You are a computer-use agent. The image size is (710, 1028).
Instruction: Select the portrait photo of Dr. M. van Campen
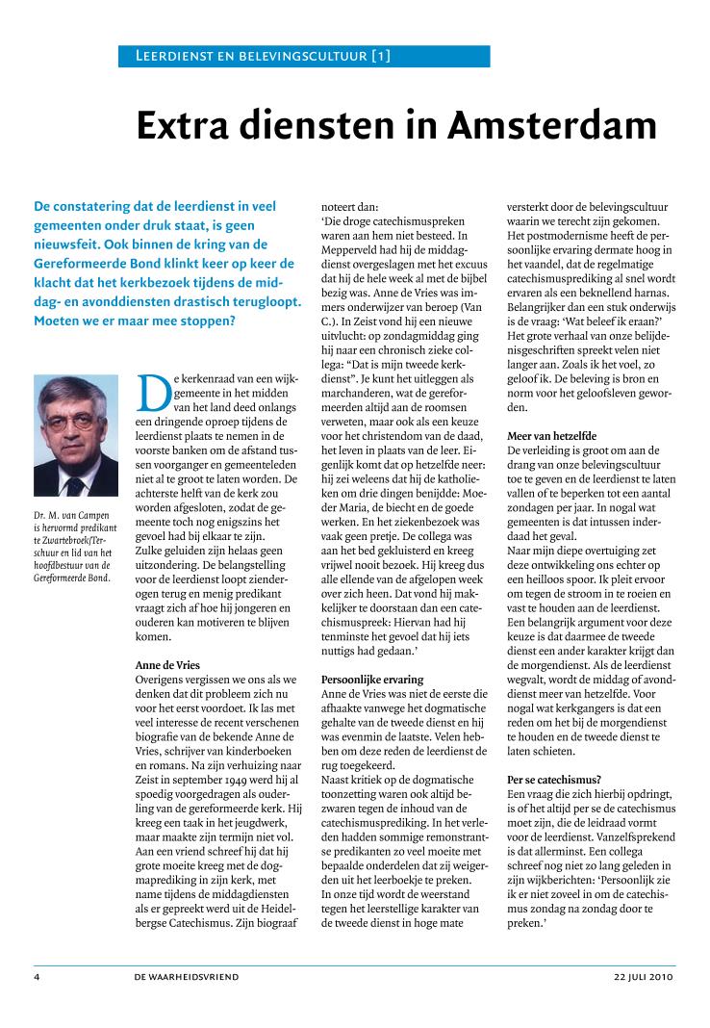[75, 434]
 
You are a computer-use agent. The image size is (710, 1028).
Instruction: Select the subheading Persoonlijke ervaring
[371, 680]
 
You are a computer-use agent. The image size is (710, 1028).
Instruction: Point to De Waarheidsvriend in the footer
[187, 977]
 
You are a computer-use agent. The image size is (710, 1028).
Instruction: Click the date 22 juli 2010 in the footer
[645, 977]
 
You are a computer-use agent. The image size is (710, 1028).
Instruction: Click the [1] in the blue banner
[381, 56]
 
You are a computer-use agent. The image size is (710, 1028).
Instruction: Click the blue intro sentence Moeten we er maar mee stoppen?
[134, 320]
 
